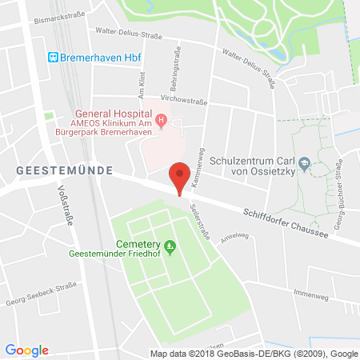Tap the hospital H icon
(x=162, y=122)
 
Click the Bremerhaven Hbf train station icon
(x=52, y=58)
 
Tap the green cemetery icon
(x=169, y=245)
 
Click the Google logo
(x=26, y=350)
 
